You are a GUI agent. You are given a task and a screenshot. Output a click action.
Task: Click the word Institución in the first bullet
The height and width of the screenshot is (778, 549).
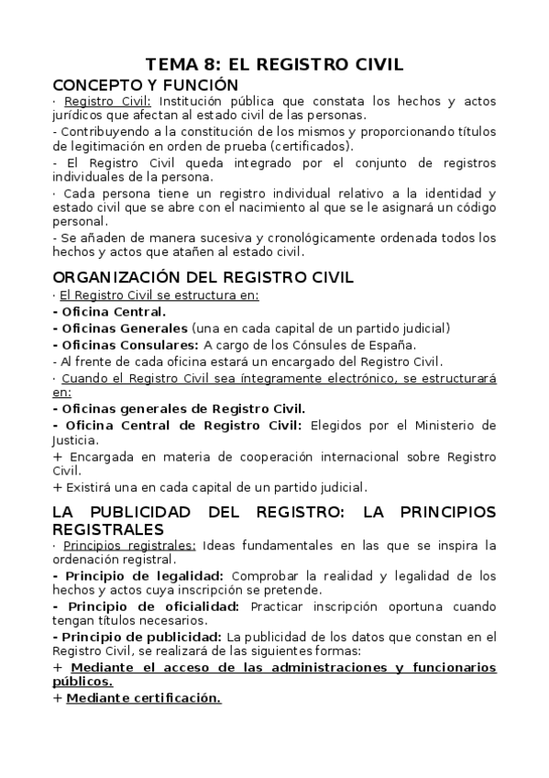[198, 101]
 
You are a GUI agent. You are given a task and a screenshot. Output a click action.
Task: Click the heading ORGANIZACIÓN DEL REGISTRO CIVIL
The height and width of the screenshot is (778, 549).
[203, 277]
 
